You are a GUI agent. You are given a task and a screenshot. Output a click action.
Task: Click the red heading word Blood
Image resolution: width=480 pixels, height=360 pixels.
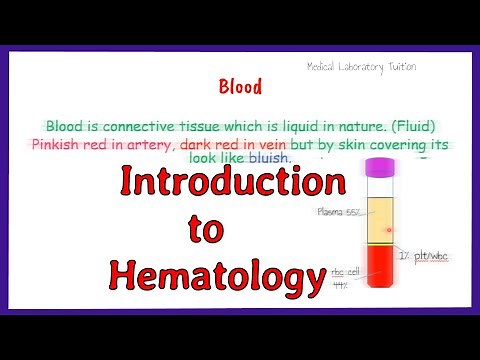pyautogui.click(x=240, y=87)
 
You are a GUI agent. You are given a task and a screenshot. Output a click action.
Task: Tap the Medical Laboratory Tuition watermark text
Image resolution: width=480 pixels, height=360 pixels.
pyautogui.click(x=362, y=66)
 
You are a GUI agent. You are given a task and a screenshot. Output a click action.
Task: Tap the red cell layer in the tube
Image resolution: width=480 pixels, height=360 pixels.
pyautogui.click(x=381, y=272)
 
